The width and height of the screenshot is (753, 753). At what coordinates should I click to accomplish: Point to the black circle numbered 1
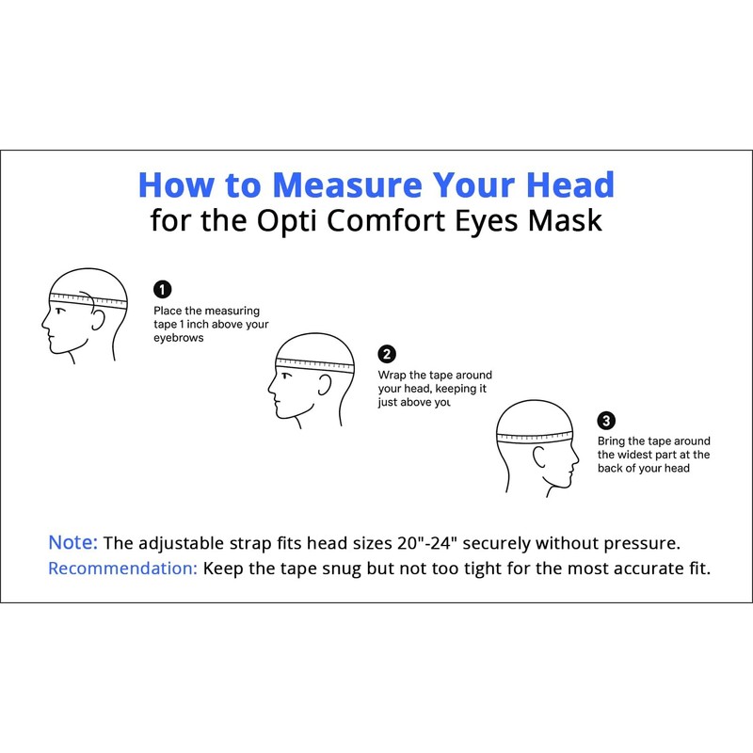click(x=162, y=289)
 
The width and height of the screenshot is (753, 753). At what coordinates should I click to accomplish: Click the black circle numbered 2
click(x=387, y=354)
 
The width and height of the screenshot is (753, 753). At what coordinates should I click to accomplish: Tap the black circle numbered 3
click(x=607, y=420)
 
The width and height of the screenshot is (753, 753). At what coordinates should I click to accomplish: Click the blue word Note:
click(x=72, y=543)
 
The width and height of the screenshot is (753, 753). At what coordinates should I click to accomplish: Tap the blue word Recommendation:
click(x=122, y=569)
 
